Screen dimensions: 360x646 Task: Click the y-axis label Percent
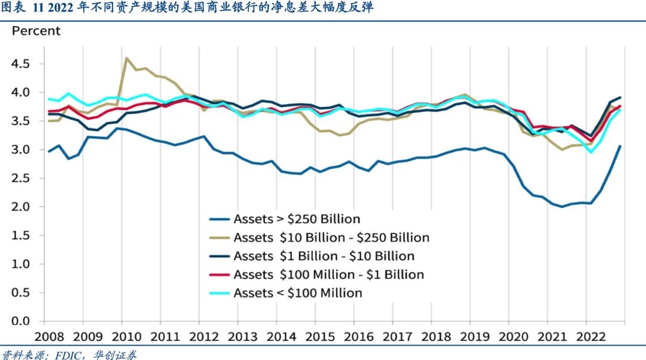[x=36, y=30]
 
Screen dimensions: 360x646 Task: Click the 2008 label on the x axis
[x=50, y=337]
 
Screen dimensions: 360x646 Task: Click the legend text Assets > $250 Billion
[x=297, y=219]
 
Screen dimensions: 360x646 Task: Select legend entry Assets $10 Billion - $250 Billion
[x=331, y=237]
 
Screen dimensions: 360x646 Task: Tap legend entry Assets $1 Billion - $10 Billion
[x=324, y=256]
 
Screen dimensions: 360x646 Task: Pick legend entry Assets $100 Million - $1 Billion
[x=328, y=274]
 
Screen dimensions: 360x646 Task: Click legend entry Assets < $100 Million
[x=297, y=293]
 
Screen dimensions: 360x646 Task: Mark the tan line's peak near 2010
[x=127, y=58]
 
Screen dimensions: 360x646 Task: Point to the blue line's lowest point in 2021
[x=562, y=207]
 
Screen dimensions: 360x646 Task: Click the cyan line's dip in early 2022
[x=592, y=152]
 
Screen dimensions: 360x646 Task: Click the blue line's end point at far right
[x=620, y=146]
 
